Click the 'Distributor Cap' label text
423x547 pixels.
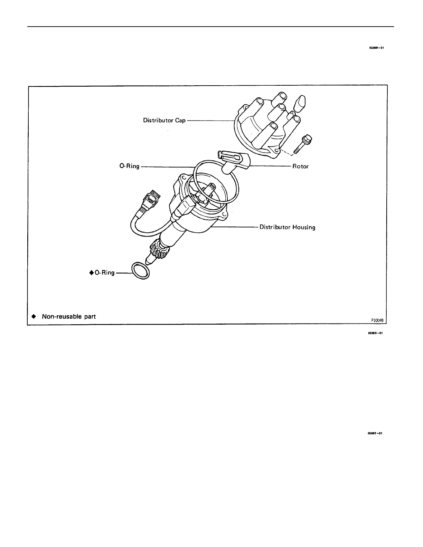click(x=164, y=121)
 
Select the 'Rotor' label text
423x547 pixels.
click(x=300, y=166)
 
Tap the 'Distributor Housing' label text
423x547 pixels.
click(x=287, y=227)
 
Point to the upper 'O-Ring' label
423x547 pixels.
click(x=129, y=166)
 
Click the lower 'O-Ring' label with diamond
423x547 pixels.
click(x=102, y=273)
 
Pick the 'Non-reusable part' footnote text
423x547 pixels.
click(x=68, y=316)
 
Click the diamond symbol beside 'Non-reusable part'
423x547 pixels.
click(x=34, y=316)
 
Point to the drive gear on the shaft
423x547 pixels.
click(x=159, y=252)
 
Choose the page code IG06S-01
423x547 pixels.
click(x=375, y=334)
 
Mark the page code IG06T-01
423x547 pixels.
click(x=375, y=433)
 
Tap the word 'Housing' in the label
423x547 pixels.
click(x=304, y=227)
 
